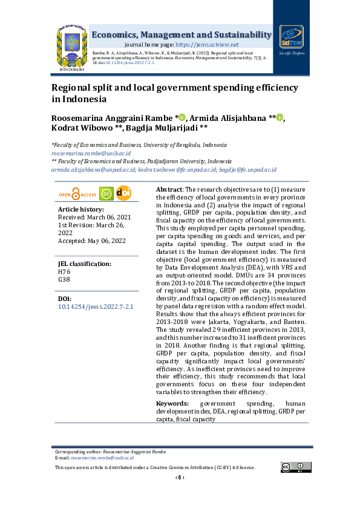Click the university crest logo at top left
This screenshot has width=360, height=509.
71,45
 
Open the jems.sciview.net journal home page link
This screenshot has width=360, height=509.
207,45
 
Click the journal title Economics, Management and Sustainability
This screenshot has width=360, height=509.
181,34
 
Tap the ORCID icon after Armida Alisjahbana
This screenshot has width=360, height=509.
280,117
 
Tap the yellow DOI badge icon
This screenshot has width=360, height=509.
123,193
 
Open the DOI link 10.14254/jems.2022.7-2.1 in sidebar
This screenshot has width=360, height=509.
95,306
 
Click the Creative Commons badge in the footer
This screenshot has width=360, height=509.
291,466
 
